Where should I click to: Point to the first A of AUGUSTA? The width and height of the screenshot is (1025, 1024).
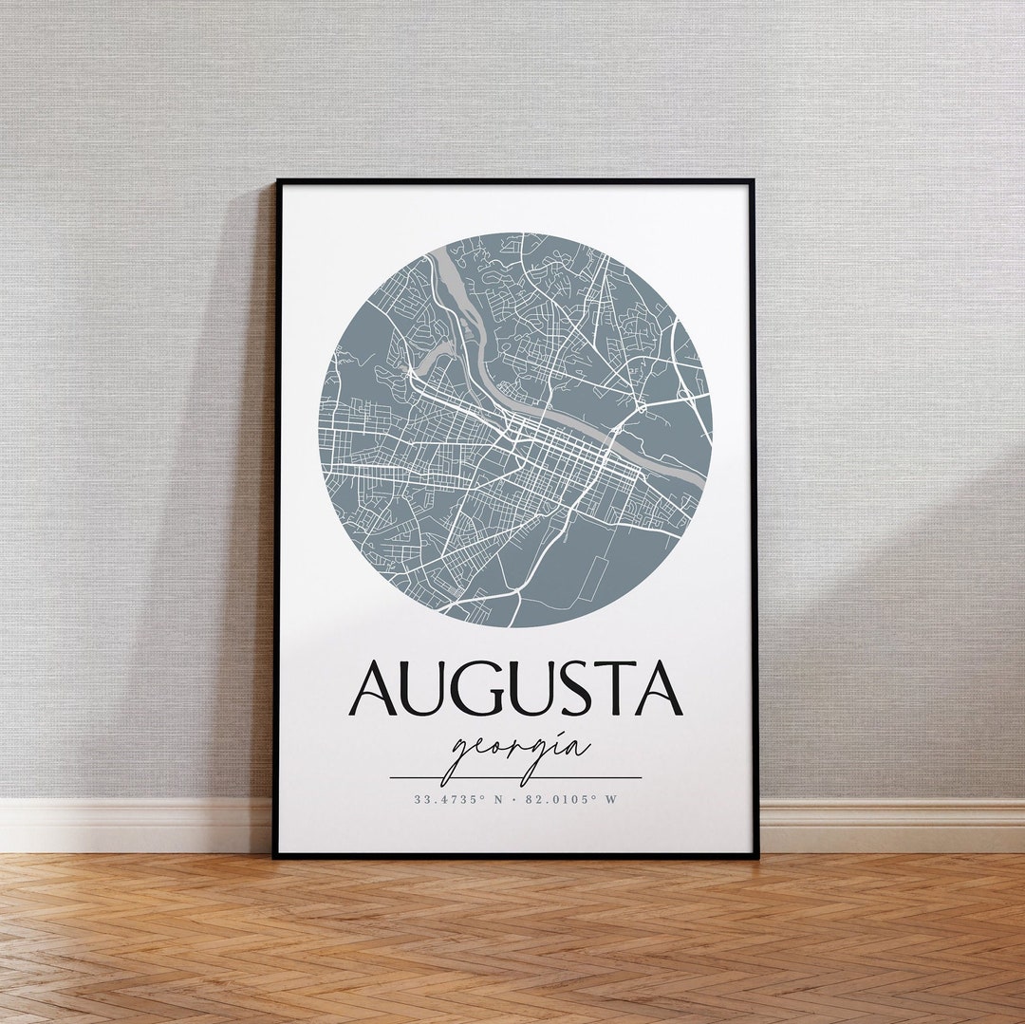point(373,689)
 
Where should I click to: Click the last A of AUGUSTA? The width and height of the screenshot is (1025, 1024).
point(660,689)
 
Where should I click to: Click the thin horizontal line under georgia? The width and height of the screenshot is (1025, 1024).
point(515,778)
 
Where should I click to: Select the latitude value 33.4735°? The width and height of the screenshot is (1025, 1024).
point(449,800)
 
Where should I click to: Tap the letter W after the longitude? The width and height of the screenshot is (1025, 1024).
point(612,800)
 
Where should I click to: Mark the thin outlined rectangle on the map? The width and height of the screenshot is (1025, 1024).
point(597,578)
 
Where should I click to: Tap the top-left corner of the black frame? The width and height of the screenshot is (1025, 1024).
point(276,181)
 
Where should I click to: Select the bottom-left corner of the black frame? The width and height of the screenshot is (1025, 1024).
point(275,856)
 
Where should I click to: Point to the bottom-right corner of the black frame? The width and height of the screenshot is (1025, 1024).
point(756,856)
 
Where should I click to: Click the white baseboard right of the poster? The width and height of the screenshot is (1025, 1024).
point(892,826)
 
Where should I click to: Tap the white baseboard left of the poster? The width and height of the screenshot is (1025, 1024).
point(133,826)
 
